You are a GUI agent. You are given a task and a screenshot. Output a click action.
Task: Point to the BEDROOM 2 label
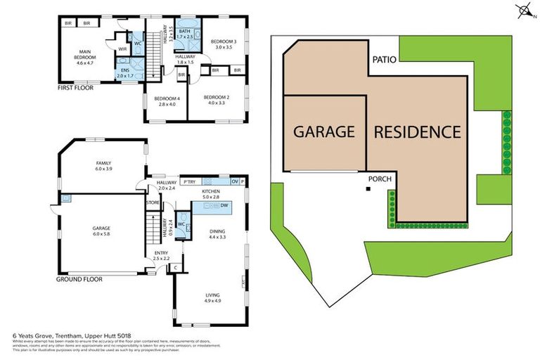[216, 99]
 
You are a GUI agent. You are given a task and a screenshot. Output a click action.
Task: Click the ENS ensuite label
[124, 71]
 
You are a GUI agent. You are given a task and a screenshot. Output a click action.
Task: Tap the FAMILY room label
[103, 167]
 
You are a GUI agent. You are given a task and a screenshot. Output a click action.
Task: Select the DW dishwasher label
[224, 205]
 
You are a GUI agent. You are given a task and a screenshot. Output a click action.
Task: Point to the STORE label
[153, 203]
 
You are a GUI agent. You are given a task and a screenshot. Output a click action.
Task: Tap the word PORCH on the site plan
[380, 179]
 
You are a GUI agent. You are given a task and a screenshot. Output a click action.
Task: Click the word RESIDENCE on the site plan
[417, 131]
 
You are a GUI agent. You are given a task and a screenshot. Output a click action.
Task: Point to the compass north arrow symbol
[522, 11]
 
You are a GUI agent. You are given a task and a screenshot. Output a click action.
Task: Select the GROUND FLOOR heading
[79, 279]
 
